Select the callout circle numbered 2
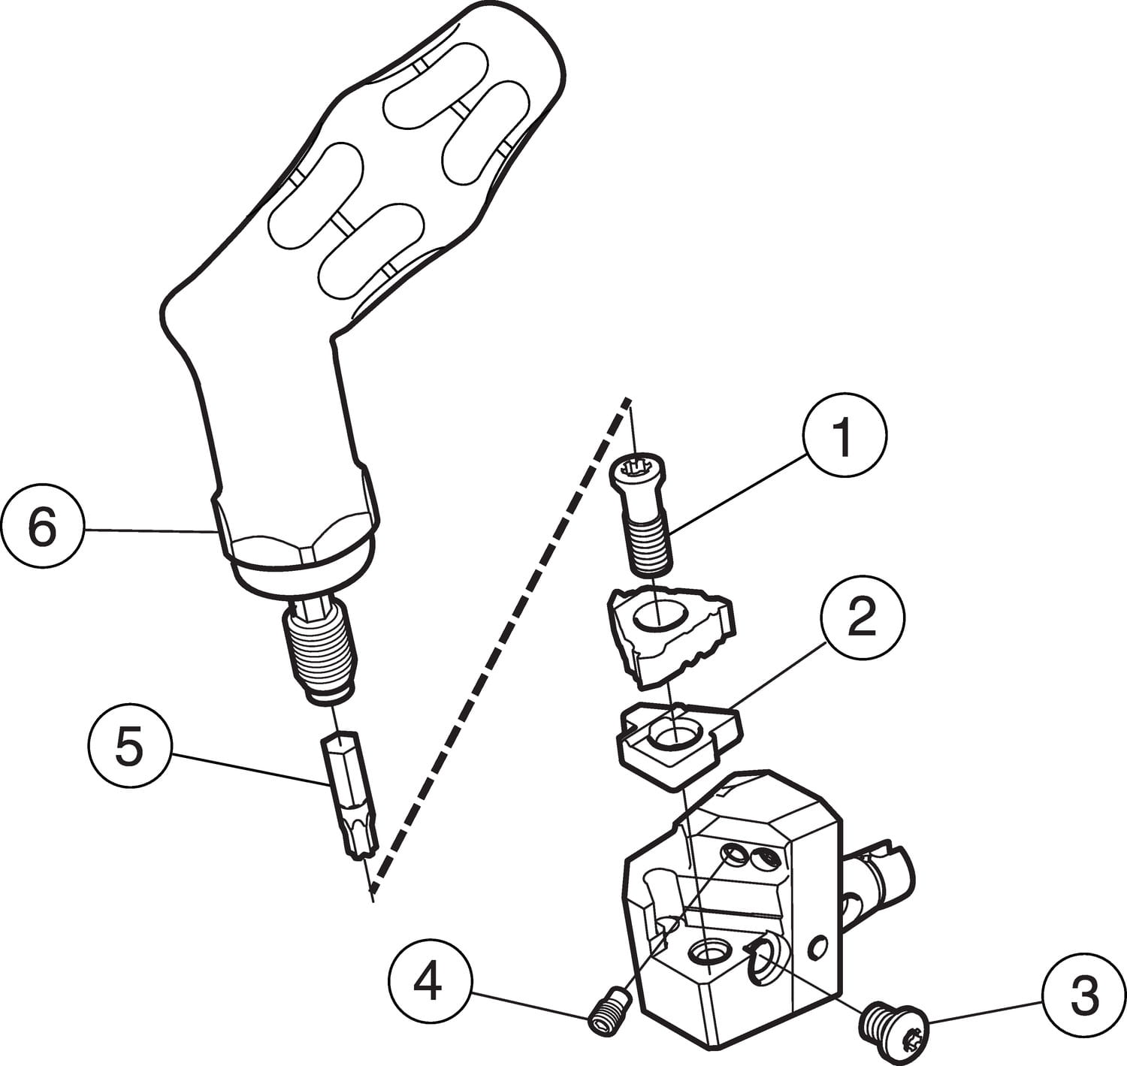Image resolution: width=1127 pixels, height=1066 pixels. click(863, 618)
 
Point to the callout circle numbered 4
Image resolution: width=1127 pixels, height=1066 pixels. click(430, 983)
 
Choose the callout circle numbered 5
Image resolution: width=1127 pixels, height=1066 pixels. click(128, 747)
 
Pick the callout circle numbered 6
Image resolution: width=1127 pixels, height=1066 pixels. click(42, 528)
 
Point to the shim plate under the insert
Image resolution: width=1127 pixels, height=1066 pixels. click(676, 740)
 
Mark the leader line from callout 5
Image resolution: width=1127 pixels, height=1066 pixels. click(248, 769)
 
